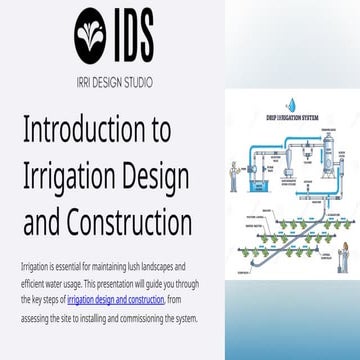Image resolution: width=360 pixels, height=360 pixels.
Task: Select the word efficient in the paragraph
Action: tap(33, 284)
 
